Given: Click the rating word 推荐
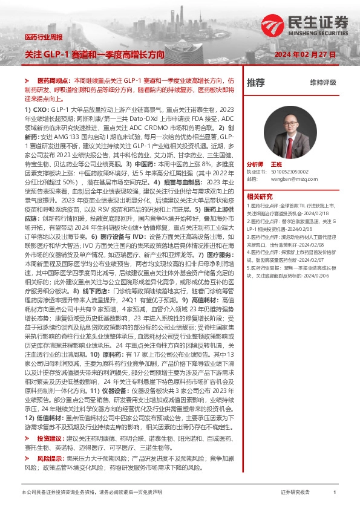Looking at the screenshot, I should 256,82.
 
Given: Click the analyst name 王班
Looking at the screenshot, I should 277,164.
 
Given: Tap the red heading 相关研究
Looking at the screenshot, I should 260,196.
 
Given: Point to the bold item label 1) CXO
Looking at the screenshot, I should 36,109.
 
